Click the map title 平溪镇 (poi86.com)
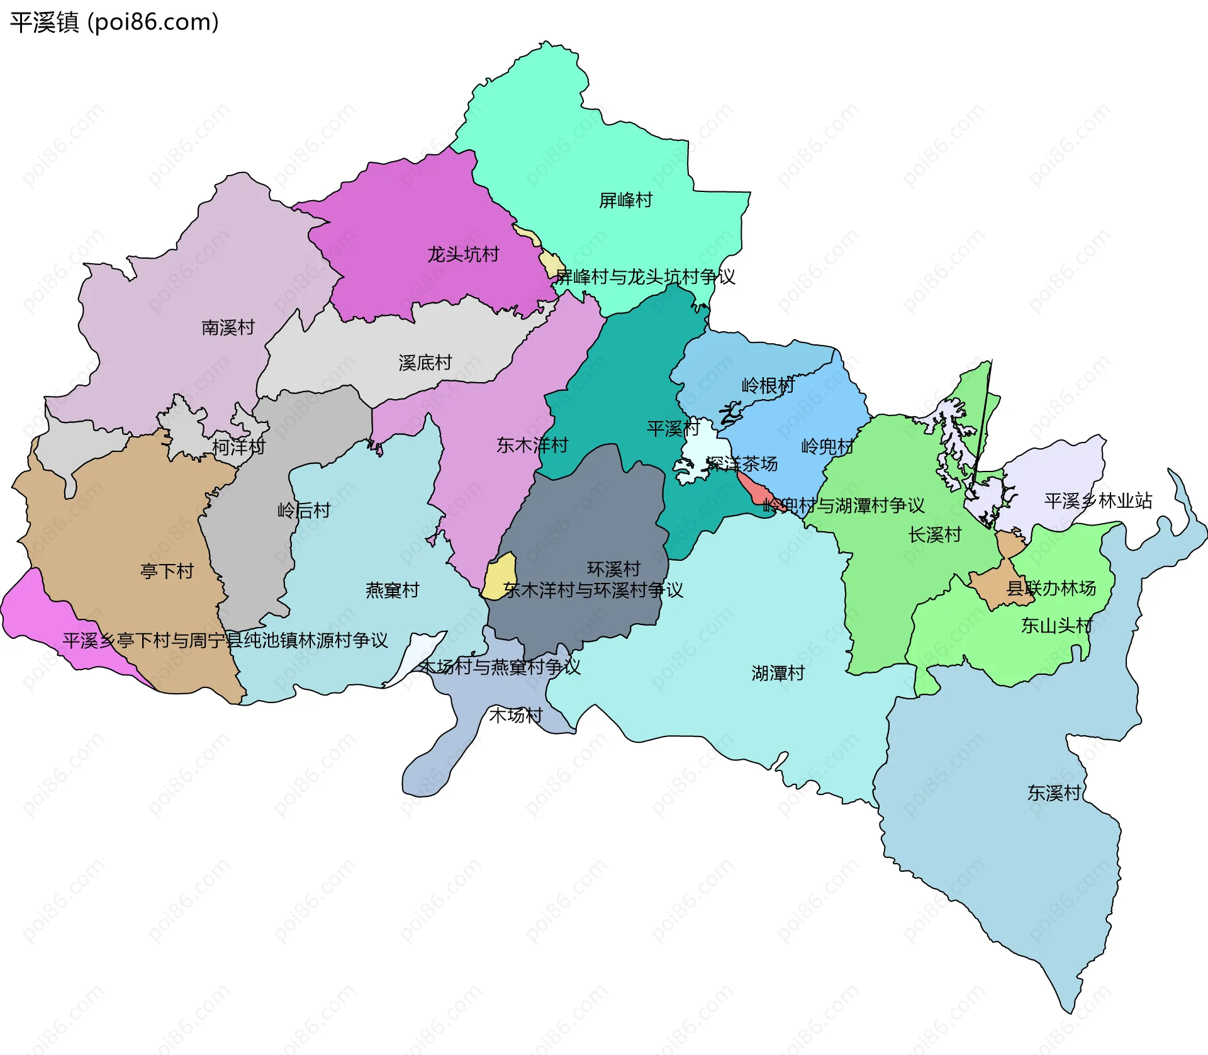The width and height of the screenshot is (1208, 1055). point(114,22)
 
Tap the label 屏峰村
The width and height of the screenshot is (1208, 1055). point(625,200)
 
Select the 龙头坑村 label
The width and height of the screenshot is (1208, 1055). point(463,254)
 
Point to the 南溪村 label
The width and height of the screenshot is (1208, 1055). point(228,327)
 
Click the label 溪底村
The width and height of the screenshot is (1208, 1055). point(425,363)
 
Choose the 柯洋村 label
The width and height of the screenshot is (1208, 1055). point(238,447)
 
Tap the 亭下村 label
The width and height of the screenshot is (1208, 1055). point(167,571)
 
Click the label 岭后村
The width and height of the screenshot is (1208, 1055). point(304,510)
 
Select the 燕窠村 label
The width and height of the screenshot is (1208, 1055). point(392,590)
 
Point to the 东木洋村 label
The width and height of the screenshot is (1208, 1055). point(532,445)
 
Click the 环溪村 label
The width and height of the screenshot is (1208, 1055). point(613,569)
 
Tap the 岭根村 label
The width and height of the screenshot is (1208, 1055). point(768,385)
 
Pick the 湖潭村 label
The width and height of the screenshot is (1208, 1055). point(778,673)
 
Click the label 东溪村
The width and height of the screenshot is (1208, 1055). point(1054,793)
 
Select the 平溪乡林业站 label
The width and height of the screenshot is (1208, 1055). point(1098,500)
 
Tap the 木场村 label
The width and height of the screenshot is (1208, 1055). point(515,715)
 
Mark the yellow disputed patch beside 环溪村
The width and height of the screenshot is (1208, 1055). point(501,576)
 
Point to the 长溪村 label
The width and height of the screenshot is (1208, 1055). point(935,534)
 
